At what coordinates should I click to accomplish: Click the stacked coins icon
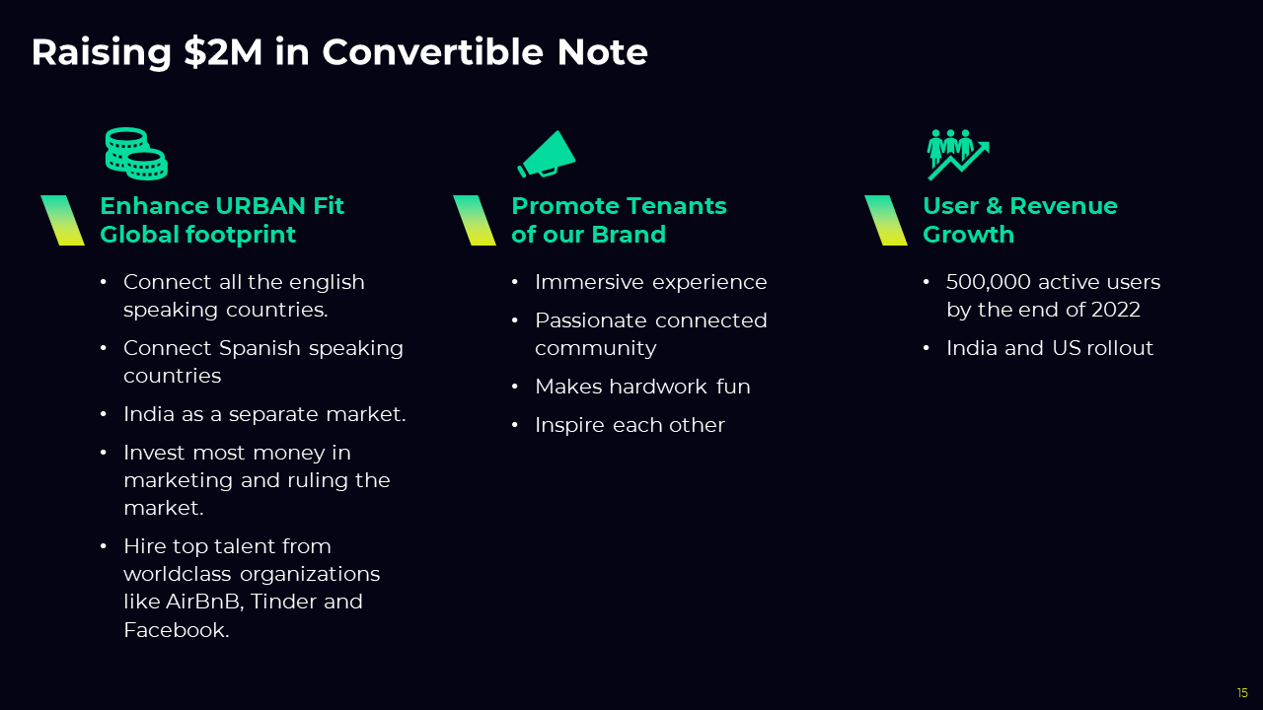(x=136, y=154)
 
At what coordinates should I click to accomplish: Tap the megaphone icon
(x=547, y=154)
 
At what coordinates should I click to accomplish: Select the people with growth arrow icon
(x=958, y=155)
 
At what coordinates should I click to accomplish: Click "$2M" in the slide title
(x=223, y=52)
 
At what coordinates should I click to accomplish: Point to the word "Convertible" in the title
(x=432, y=52)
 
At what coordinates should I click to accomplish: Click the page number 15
(x=1242, y=692)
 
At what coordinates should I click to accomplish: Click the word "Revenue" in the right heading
(x=1064, y=206)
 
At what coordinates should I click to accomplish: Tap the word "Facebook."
(x=177, y=629)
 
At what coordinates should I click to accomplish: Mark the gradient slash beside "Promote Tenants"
(x=475, y=220)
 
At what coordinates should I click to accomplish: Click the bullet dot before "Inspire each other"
(x=514, y=424)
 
